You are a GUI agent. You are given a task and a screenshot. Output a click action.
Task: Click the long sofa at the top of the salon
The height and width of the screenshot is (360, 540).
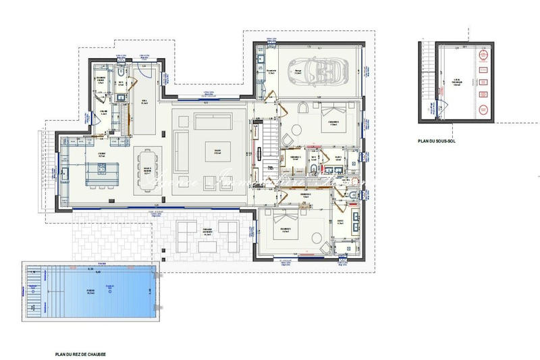click(213, 121)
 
